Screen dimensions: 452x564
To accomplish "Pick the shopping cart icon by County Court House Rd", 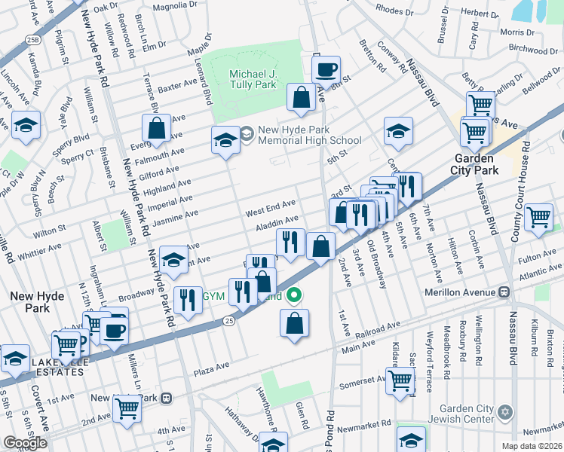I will [538, 218].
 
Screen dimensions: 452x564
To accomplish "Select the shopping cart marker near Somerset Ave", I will [399, 380].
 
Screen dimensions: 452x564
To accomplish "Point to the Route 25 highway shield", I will [229, 322].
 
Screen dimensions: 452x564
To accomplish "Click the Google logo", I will [25, 442].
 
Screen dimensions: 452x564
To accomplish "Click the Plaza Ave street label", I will [212, 366].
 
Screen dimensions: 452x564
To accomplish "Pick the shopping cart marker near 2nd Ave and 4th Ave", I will [127, 408].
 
